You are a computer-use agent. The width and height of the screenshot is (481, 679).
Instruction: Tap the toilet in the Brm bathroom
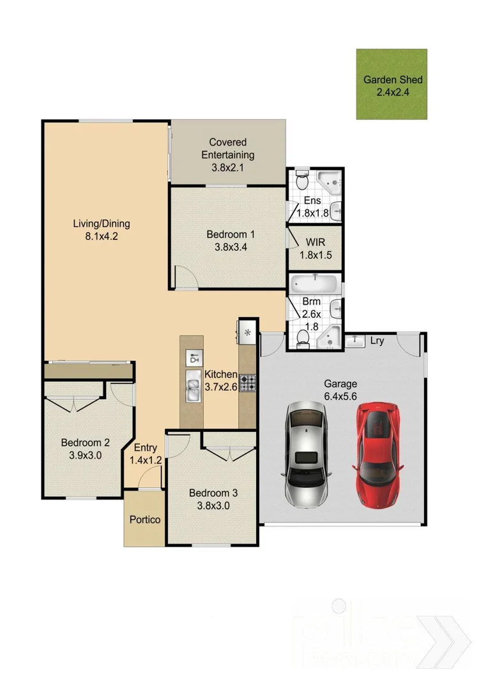[302, 339]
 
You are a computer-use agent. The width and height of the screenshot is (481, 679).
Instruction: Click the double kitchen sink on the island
[192, 390]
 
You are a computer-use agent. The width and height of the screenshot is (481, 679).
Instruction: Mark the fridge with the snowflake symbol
[247, 331]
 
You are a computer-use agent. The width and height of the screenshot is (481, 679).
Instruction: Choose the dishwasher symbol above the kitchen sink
[192, 358]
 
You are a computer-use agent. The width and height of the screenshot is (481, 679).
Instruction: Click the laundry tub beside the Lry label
[354, 341]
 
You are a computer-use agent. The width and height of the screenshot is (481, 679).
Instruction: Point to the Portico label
[145, 519]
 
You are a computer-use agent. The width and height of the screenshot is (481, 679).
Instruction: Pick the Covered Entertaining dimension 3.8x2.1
[227, 168]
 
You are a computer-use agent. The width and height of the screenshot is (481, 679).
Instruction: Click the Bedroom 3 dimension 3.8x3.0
[213, 505]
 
